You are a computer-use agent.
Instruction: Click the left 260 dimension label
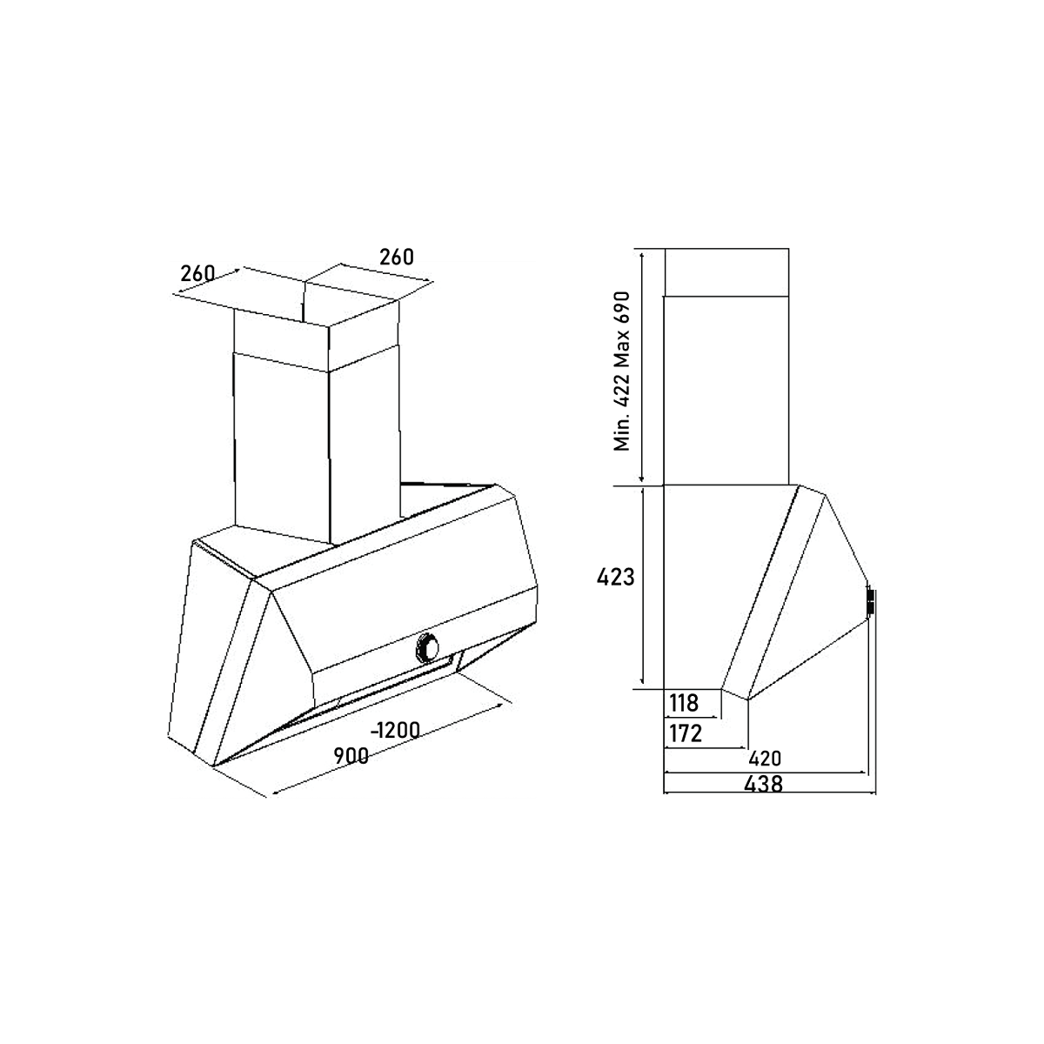197,273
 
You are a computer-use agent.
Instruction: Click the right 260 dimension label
396,257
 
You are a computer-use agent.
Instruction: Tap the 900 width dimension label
350,756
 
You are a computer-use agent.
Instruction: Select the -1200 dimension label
395,730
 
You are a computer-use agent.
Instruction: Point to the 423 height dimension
616,577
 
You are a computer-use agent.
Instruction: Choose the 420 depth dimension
765,757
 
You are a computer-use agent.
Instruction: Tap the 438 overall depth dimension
765,783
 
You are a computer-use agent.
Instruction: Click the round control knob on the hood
429,645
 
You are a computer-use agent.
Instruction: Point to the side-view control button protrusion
869,603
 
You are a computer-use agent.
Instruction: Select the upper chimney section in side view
726,271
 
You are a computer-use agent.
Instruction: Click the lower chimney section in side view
726,389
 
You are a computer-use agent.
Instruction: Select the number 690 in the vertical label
623,310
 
